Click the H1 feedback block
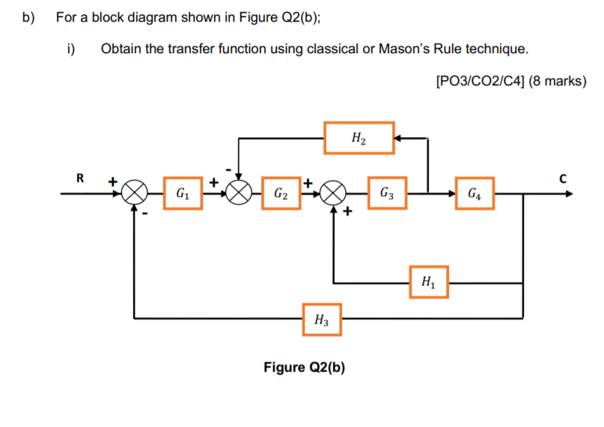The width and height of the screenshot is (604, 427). pyautogui.click(x=428, y=282)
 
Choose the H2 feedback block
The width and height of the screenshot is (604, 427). pyautogui.click(x=359, y=138)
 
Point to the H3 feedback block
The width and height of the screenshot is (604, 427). pyautogui.click(x=322, y=319)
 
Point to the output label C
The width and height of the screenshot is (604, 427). pyautogui.click(x=563, y=178)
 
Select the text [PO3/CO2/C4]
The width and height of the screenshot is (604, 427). pyautogui.click(x=479, y=82)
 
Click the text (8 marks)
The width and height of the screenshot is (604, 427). pyautogui.click(x=557, y=82)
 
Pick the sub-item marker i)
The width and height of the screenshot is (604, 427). pyautogui.click(x=71, y=49)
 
